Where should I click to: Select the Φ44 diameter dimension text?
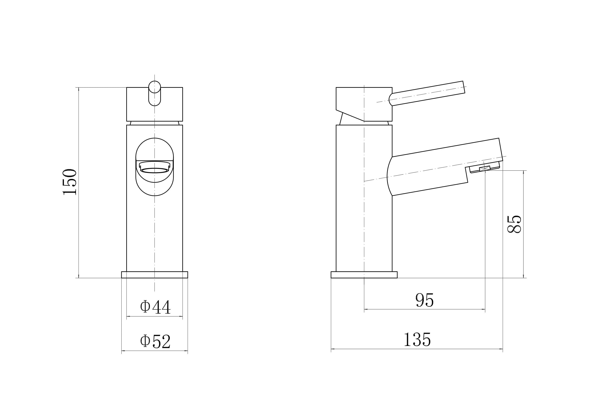point(155,307)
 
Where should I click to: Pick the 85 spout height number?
point(514,224)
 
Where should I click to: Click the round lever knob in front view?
point(155,87)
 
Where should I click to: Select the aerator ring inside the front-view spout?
point(155,170)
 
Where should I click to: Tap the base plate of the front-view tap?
point(155,275)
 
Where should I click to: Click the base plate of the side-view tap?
point(364,275)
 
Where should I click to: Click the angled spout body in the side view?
point(435,169)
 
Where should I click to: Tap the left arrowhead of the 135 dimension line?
point(333,349)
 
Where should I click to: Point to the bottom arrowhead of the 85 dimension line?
point(523,276)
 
